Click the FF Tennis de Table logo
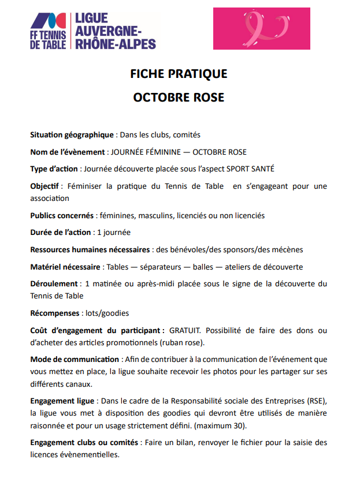click(x=49, y=31)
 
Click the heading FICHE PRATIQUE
click(x=179, y=74)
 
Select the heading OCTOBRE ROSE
click(x=179, y=97)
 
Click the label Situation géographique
click(x=72, y=135)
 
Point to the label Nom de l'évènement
click(x=67, y=152)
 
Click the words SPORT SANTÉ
click(x=250, y=169)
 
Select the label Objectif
click(x=46, y=186)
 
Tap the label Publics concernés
click(x=62, y=215)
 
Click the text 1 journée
click(x=113, y=233)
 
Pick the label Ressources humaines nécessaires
click(x=90, y=249)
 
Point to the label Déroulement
click(x=54, y=284)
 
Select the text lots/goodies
click(x=107, y=313)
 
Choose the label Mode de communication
click(x=75, y=360)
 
